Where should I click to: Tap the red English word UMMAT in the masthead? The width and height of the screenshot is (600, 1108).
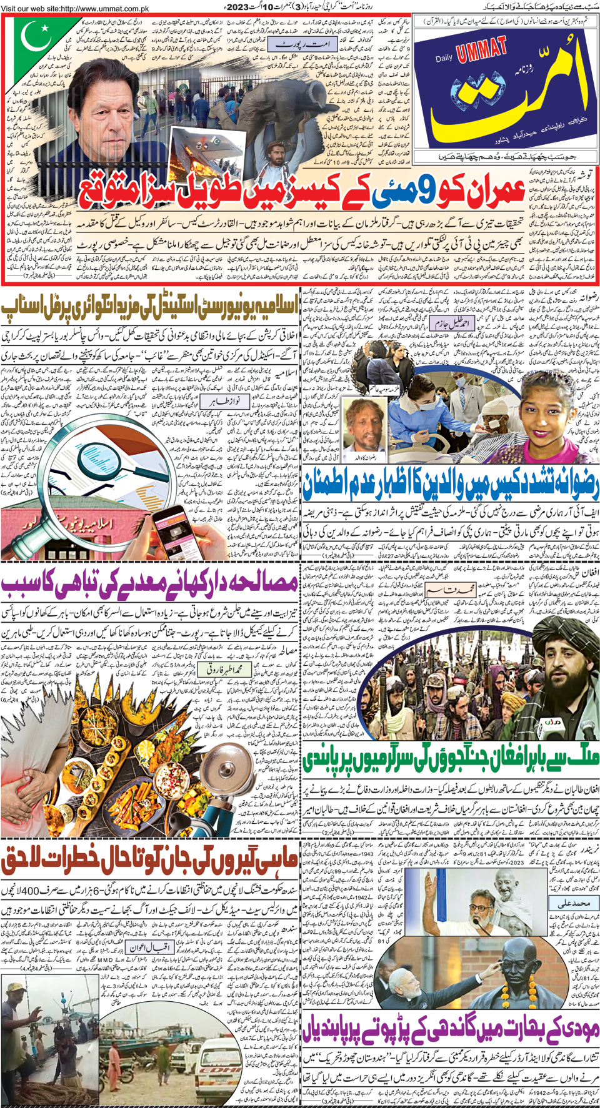tap(482, 50)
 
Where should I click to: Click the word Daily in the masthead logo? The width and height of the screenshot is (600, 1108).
tap(444, 59)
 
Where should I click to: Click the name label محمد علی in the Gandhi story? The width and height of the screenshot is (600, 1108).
tap(573, 903)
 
